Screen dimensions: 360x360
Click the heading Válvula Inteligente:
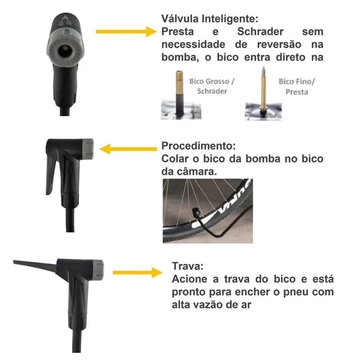(x=210, y=19)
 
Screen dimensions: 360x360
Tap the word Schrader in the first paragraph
(x=260, y=31)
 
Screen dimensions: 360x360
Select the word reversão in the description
(x=279, y=44)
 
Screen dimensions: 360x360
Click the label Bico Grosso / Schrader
(x=212, y=86)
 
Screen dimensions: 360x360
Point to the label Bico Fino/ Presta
(x=297, y=86)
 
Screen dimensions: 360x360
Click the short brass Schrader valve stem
(x=179, y=83)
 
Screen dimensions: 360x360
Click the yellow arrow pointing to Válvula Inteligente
(x=126, y=31)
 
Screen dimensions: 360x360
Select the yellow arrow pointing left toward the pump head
(x=128, y=149)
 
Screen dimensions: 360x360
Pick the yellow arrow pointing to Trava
(x=138, y=273)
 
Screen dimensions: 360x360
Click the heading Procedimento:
(x=198, y=146)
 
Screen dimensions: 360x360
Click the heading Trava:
(x=188, y=266)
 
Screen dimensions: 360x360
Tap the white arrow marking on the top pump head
(x=65, y=18)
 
